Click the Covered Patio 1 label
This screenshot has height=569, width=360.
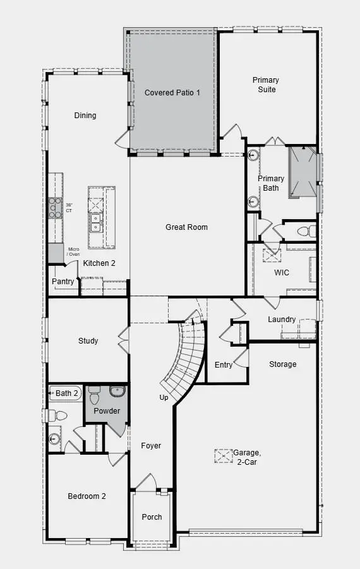172,93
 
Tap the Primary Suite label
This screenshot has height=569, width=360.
265,85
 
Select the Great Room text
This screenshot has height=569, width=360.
186,227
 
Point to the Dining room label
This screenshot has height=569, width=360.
85,116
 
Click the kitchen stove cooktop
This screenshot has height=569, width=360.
55,208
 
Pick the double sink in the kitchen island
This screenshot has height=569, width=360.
96,222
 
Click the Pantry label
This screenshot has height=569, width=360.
63,282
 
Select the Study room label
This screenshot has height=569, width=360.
88,341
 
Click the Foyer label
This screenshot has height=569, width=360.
151,446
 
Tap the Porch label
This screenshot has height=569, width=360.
152,517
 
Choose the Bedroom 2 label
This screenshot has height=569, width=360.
87,496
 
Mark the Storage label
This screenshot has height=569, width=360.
282,364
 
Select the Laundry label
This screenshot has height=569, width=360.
282,320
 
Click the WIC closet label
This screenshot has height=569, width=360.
281,273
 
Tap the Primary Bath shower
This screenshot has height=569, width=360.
303,172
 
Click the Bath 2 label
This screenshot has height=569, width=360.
67,393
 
